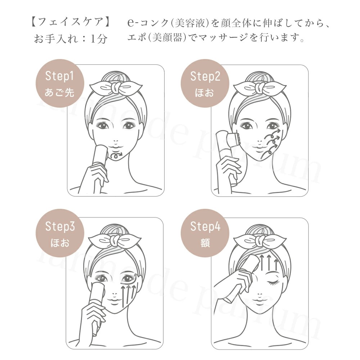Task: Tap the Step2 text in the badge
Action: pyautogui.click(x=205, y=76)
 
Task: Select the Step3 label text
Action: pyautogui.click(x=60, y=227)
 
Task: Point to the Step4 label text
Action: pyautogui.click(x=205, y=227)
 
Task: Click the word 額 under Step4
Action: pyautogui.click(x=205, y=243)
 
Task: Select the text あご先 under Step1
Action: pyautogui.click(x=59, y=93)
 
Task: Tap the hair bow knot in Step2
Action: pyautogui.click(x=262, y=87)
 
